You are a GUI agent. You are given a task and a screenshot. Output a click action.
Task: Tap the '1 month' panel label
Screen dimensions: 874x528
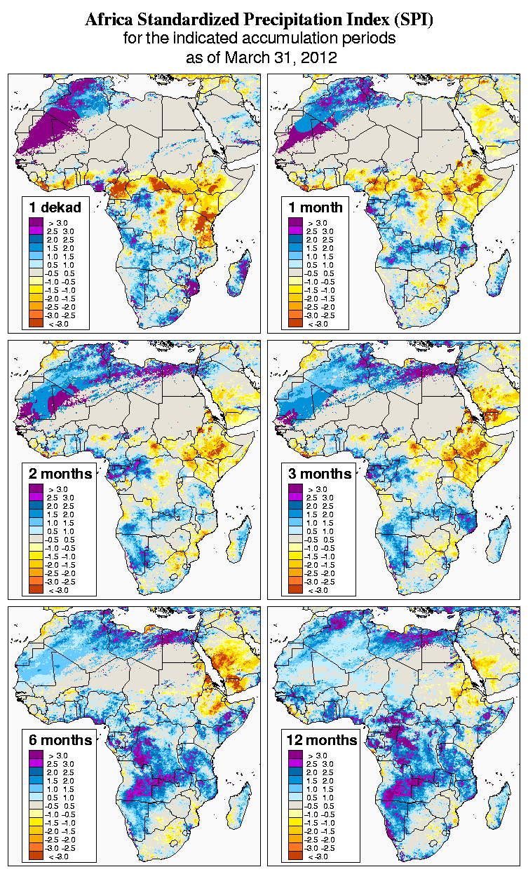[316, 207]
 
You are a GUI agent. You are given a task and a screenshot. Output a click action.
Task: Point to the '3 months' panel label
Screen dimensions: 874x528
[320, 474]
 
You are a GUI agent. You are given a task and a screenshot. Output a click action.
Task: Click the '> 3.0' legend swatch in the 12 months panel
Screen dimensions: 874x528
[295, 755]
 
